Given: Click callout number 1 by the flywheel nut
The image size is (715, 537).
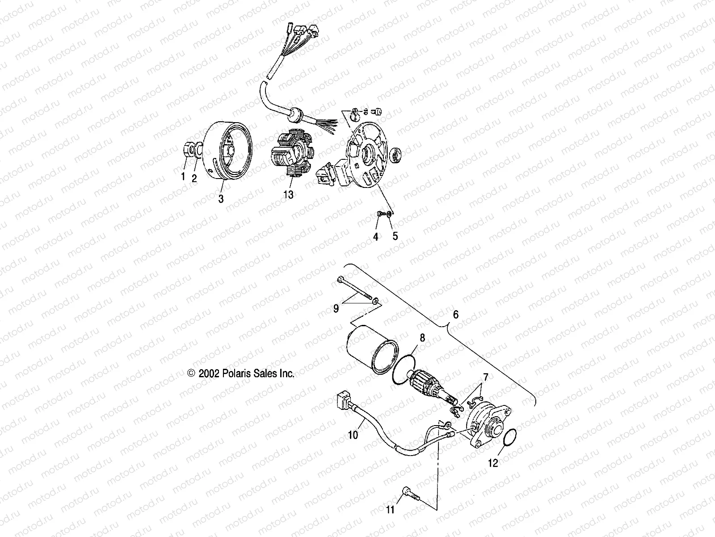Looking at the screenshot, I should pyautogui.click(x=182, y=177).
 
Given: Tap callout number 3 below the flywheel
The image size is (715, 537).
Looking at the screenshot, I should pyautogui.click(x=221, y=199).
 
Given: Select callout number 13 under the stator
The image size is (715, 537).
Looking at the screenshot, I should pyautogui.click(x=289, y=195).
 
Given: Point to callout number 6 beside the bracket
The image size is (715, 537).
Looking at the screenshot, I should pyautogui.click(x=455, y=315).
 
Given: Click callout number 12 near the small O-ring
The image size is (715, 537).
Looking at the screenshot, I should pyautogui.click(x=492, y=463).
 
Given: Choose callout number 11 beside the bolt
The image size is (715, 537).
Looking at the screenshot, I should pyautogui.click(x=390, y=510).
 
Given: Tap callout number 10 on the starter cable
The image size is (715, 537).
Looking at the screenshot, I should pyautogui.click(x=353, y=435).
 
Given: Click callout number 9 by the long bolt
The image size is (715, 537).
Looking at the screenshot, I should pyautogui.click(x=336, y=309).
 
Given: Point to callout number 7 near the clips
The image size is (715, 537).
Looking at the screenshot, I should pyautogui.click(x=485, y=377).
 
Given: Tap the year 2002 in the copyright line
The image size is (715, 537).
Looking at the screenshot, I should pyautogui.click(x=208, y=374).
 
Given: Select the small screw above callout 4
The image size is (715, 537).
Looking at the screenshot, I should pyautogui.click(x=380, y=215).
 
